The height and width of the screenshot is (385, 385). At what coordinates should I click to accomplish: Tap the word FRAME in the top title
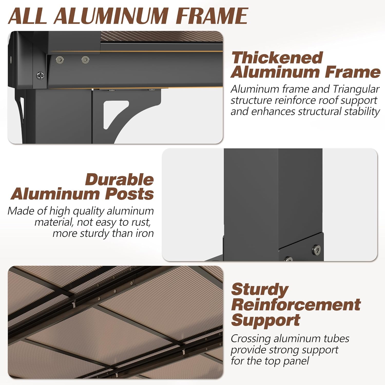(x=212, y=16)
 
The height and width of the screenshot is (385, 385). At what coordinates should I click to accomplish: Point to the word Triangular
(x=356, y=89)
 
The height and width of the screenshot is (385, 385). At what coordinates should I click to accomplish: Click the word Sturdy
(x=260, y=290)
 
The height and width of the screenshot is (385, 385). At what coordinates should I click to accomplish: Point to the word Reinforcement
(x=296, y=304)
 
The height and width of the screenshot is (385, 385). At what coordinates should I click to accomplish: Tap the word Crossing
(x=251, y=339)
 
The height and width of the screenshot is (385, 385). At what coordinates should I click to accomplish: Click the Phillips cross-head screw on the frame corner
(x=41, y=75)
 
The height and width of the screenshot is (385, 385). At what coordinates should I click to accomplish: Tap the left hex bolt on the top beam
(x=60, y=60)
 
